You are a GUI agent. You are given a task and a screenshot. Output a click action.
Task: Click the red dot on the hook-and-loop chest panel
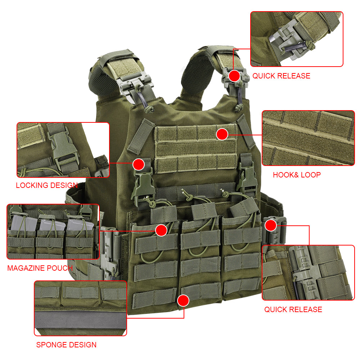tap(222, 134)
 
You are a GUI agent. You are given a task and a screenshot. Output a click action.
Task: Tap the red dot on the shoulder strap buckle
tap(234, 76)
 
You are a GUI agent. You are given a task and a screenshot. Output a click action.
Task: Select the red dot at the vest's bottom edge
tap(183, 300)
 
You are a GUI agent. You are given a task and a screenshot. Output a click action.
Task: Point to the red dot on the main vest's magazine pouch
tap(161, 230)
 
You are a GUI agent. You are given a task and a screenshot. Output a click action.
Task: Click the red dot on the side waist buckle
tap(271, 225)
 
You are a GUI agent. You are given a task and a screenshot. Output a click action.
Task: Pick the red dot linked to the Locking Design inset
tap(139, 165)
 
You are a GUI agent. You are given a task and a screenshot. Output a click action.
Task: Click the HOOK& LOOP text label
tap(297, 175)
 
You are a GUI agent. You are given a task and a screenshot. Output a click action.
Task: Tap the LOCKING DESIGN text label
tap(47, 185)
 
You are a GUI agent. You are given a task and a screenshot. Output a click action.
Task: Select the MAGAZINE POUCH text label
tap(40, 268)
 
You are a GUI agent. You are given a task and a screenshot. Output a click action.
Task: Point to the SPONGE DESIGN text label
tap(66, 345)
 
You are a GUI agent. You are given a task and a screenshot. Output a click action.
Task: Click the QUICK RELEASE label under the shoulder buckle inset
tap(281, 76)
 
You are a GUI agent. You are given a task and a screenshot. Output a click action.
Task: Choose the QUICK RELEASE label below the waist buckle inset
tap(293, 310)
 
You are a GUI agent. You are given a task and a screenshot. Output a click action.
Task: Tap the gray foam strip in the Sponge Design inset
tap(80, 320)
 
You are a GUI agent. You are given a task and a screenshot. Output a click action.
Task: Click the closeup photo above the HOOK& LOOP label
tap(309, 138)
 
